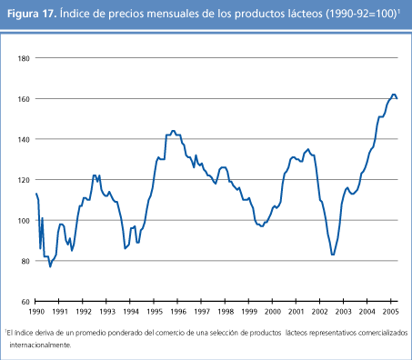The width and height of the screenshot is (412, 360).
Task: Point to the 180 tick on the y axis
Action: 25,57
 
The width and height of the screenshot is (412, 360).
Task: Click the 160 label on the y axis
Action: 25,98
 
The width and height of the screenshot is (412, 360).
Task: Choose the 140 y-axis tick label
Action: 25,139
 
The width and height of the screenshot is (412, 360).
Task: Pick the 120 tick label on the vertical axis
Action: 25,180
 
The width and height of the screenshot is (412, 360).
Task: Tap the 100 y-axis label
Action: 25,220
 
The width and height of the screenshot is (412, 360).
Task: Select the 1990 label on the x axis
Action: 36,312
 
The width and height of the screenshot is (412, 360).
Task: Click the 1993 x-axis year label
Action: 107,312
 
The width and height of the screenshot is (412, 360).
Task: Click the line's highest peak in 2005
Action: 393,95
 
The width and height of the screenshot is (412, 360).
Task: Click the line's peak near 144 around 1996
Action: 173,131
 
